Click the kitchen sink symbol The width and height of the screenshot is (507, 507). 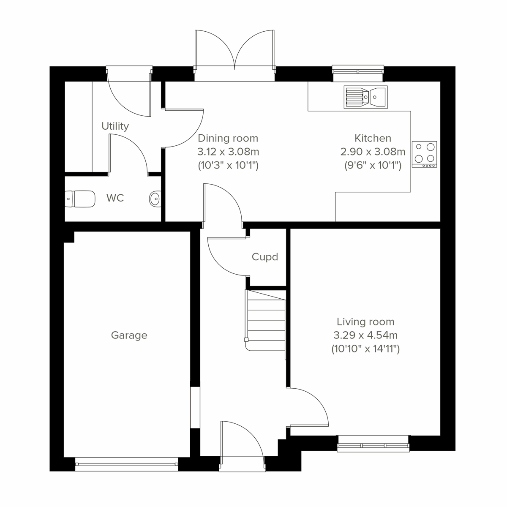tap(365, 97)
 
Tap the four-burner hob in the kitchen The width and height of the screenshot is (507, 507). tap(425, 154)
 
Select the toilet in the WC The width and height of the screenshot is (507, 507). tap(80, 199)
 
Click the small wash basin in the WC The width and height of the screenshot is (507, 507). tap(155, 198)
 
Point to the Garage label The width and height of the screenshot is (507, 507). tap(129, 335)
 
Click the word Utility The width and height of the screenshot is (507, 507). tap(115, 126)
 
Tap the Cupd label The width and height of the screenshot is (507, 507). tap(265, 257)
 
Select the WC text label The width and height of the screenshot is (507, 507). tap(115, 198)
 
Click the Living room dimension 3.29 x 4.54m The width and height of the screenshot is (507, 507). tap(365, 335)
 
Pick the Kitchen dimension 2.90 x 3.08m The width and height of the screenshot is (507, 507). tap(373, 152)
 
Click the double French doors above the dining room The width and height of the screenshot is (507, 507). tap(234, 53)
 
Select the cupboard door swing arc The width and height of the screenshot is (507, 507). tap(226, 258)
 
